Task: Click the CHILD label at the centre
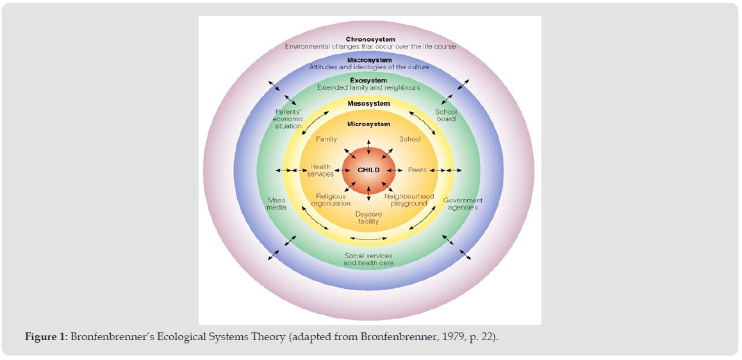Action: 368,170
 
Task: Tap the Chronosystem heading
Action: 370,40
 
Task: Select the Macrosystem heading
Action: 370,60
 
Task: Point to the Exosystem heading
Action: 368,81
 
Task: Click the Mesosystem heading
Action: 368,104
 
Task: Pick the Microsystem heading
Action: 368,124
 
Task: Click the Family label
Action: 326,139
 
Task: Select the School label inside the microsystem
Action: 410,139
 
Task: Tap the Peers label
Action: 417,170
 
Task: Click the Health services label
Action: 320,170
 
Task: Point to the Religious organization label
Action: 331,200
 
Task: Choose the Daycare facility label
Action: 368,218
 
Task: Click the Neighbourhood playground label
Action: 409,200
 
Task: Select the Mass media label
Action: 277,204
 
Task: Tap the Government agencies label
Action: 463,204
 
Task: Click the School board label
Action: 446,115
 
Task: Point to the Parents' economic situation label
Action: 288,119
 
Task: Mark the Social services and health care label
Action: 368,259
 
